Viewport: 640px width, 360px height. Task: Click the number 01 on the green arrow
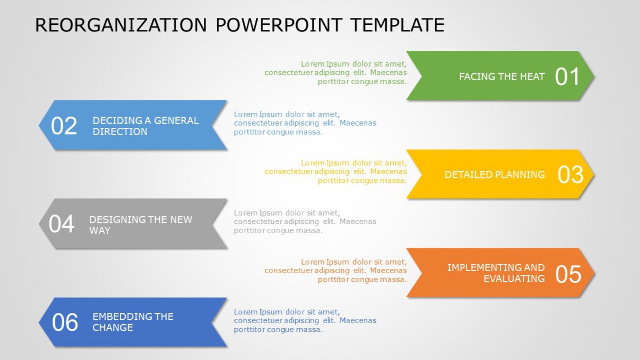567,77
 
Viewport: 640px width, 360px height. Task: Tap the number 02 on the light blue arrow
64,126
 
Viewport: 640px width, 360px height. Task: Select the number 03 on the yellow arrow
570,175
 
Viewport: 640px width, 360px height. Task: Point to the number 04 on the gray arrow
61,224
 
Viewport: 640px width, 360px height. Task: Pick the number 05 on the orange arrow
568,274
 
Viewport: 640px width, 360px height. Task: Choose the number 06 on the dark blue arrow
65,323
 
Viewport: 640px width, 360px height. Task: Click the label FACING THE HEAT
501,77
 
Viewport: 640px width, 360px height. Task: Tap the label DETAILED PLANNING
494,175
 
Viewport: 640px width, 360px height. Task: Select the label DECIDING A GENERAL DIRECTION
145,126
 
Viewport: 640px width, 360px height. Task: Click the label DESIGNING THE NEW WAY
140,224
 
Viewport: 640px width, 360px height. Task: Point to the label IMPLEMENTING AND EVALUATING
496,273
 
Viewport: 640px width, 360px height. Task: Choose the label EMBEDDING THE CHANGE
132,322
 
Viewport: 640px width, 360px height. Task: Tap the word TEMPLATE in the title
397,25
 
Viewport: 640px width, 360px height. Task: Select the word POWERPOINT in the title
279,25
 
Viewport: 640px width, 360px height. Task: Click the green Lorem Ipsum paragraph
336,73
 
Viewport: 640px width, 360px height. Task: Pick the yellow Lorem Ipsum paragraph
336,171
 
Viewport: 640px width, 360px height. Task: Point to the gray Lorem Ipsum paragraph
305,222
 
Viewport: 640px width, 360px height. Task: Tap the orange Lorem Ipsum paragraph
336,271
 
